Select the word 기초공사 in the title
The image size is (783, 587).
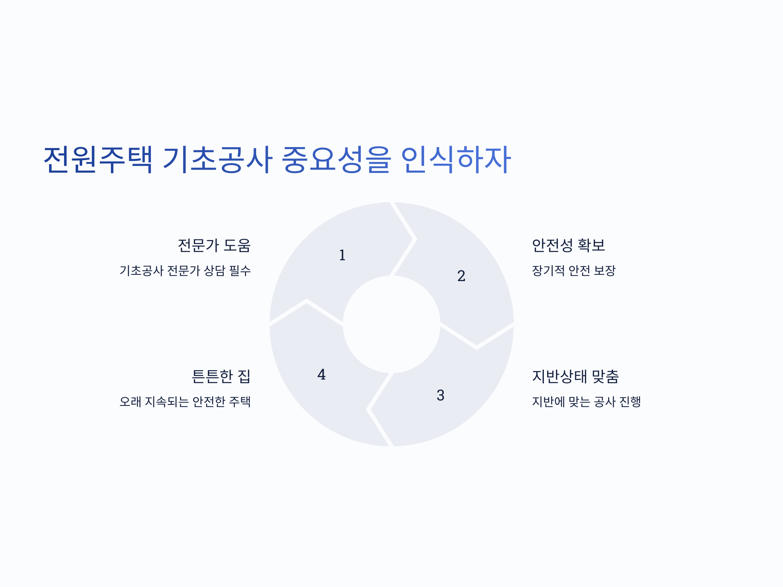click(217, 159)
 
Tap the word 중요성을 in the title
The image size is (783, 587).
click(336, 159)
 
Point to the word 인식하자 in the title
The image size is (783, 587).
click(456, 159)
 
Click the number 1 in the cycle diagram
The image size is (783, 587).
click(342, 255)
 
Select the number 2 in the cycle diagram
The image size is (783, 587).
click(461, 276)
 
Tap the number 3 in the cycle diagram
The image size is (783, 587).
click(440, 395)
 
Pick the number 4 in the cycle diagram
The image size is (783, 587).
click(321, 374)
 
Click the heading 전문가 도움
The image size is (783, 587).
click(214, 246)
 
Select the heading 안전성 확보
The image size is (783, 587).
click(568, 246)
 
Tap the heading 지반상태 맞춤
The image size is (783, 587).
click(576, 376)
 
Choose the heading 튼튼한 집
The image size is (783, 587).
click(221, 376)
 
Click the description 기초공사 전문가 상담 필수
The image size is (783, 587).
click(185, 271)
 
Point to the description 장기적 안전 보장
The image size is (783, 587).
click(574, 271)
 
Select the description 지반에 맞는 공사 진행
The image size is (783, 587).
click(587, 401)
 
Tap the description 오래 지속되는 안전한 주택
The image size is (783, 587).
click(185, 401)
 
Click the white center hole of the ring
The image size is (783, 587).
click(391, 324)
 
